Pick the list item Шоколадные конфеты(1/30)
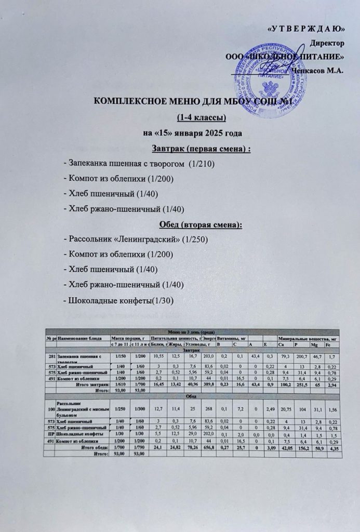117,300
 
